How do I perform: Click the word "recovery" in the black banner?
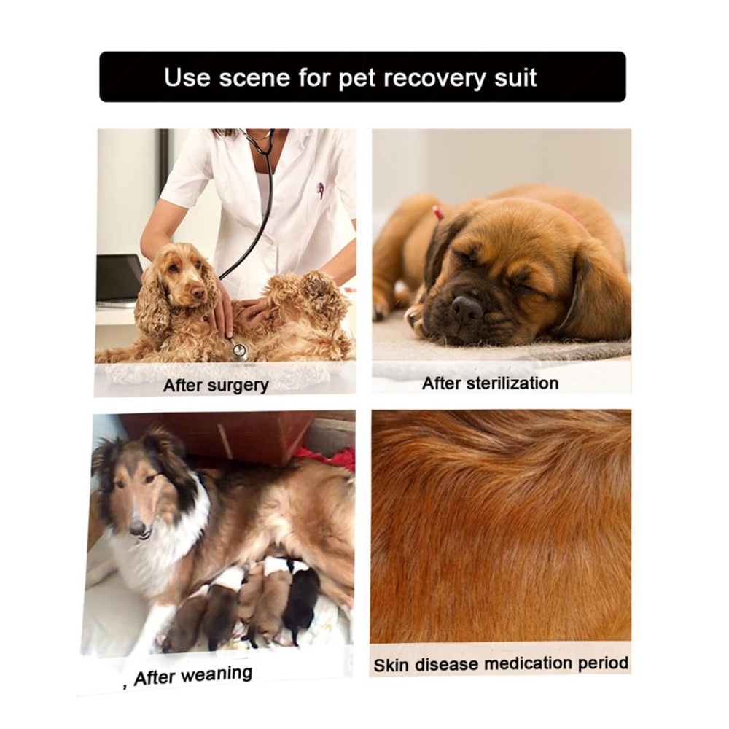pos(434,78)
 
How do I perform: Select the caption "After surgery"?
pos(217,386)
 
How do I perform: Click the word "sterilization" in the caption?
pos(512,383)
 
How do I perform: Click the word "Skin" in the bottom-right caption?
pos(391,666)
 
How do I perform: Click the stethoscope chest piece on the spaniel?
pos(240,351)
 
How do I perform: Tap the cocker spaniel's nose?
pos(198,293)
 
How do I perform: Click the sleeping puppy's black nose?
pos(467,308)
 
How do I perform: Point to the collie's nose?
pos(138,528)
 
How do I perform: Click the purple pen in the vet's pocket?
pos(320,190)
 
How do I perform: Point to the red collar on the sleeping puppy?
pos(437,214)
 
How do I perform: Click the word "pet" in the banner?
pos(357,78)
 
